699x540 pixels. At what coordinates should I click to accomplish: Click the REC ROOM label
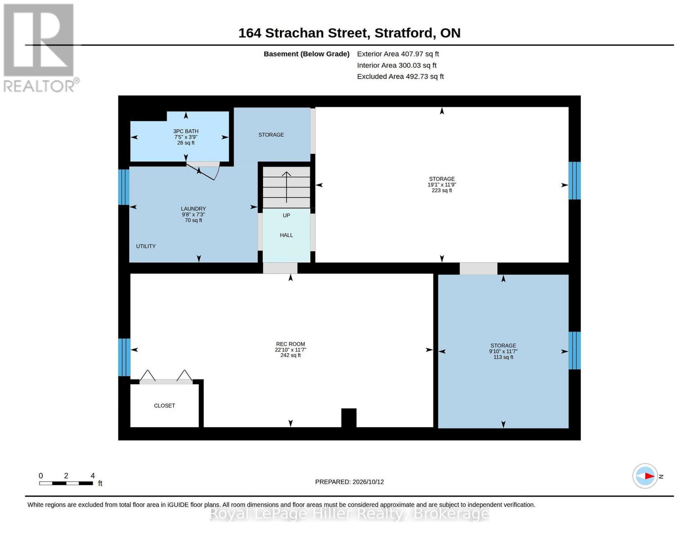point(290,344)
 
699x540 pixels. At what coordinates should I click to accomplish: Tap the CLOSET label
point(164,405)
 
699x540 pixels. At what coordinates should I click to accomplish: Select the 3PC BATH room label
point(185,131)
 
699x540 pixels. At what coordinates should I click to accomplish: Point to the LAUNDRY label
point(193,209)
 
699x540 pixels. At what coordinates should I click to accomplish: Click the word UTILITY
point(146,246)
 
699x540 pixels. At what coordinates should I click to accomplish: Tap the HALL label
point(286,235)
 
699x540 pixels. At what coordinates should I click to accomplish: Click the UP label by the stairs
point(286,216)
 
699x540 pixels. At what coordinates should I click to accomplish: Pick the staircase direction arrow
point(286,187)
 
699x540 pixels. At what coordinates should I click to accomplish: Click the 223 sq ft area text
point(442,190)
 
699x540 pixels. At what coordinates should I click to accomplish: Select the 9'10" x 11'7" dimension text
point(503,351)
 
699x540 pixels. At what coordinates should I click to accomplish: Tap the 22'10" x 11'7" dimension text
point(290,350)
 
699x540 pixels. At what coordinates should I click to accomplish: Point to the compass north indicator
point(645,476)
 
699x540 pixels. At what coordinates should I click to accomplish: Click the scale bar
point(66,483)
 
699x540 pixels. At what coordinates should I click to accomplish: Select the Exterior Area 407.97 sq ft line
point(398,54)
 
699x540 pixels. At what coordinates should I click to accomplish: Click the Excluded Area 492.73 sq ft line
point(400,76)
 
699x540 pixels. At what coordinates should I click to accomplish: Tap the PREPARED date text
point(349,482)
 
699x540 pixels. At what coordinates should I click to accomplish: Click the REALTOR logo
point(40,48)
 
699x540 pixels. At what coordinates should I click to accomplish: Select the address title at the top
point(349,33)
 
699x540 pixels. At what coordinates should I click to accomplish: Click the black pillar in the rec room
point(349,418)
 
